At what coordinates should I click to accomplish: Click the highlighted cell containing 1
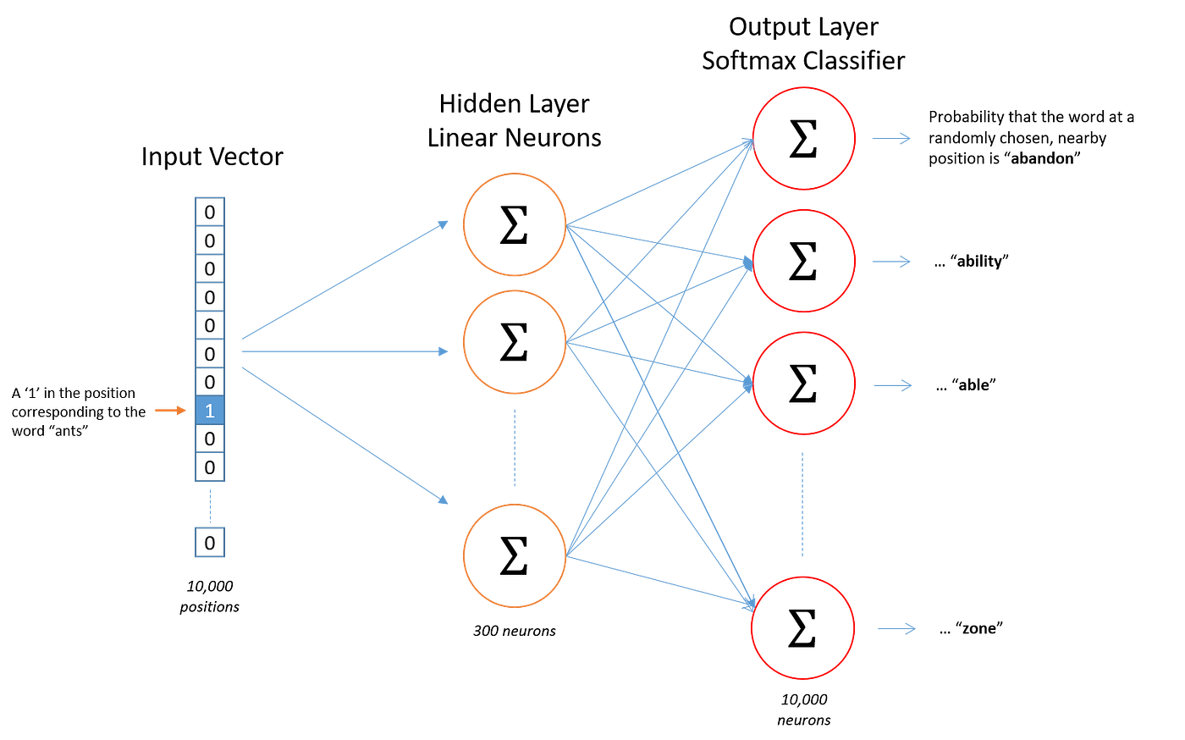click(x=210, y=411)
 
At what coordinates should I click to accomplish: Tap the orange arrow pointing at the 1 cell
click(x=170, y=411)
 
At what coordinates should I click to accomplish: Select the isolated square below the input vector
click(x=210, y=543)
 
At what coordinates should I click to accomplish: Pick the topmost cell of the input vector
click(x=210, y=212)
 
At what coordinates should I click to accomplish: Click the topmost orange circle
click(x=515, y=224)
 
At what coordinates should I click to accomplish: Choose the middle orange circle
click(x=515, y=341)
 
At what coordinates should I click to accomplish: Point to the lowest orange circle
click(x=515, y=555)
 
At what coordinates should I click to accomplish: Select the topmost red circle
click(x=803, y=138)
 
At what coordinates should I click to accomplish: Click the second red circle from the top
click(x=803, y=261)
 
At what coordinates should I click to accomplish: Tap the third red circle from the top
click(x=803, y=384)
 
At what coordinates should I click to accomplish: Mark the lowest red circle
click(x=802, y=627)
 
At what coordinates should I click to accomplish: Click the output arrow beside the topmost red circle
click(x=890, y=138)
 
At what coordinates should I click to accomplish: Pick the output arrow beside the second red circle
click(x=890, y=262)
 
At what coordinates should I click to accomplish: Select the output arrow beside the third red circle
click(x=892, y=385)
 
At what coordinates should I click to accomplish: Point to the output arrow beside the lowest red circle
click(x=896, y=628)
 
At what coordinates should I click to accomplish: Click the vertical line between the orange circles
click(x=514, y=448)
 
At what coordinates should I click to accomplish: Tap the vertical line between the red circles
click(x=802, y=505)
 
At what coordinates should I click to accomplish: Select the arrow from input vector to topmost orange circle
click(x=344, y=280)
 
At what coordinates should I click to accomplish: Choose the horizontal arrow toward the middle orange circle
click(x=344, y=351)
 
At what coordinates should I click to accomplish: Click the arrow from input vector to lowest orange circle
click(x=344, y=434)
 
